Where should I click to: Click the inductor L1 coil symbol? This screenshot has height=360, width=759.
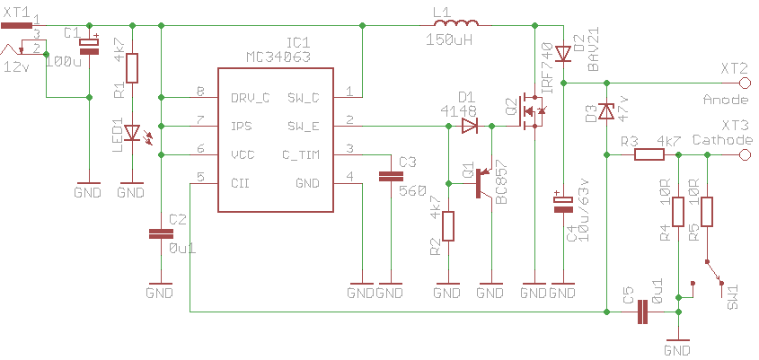pyautogui.click(x=456, y=24)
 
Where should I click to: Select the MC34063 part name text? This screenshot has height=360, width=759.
pyautogui.click(x=278, y=57)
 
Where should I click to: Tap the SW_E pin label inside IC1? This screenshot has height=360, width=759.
pyautogui.click(x=304, y=127)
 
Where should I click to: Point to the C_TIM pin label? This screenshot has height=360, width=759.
pyautogui.click(x=301, y=154)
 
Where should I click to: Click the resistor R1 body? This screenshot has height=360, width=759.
pyautogui.click(x=132, y=68)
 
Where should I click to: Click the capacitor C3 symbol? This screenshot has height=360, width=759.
pyautogui.click(x=391, y=177)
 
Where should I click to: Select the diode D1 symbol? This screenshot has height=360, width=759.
pyautogui.click(x=469, y=127)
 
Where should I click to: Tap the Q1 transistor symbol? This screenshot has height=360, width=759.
pyautogui.click(x=484, y=183)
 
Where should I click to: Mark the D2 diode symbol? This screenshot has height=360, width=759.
pyautogui.click(x=563, y=53)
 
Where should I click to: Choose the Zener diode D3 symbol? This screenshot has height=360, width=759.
pyautogui.click(x=606, y=112)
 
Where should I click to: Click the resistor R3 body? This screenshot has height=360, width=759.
pyautogui.click(x=649, y=154)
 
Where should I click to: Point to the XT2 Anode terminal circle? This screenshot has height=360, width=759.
pyautogui.click(x=745, y=83)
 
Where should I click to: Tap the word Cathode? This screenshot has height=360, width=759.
pyautogui.click(x=723, y=140)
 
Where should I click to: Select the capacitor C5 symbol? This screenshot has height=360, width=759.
pyautogui.click(x=642, y=312)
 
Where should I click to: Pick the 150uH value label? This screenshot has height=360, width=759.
pyautogui.click(x=449, y=40)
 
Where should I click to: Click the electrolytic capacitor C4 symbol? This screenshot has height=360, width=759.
pyautogui.click(x=563, y=202)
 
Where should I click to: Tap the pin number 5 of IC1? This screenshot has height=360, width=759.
pyautogui.click(x=200, y=177)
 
